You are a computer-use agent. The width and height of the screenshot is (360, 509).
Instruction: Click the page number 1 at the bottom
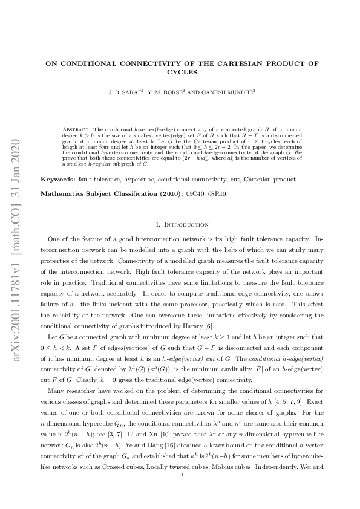[180, 493]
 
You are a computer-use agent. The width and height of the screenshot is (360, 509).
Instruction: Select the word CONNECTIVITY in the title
[136, 62]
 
